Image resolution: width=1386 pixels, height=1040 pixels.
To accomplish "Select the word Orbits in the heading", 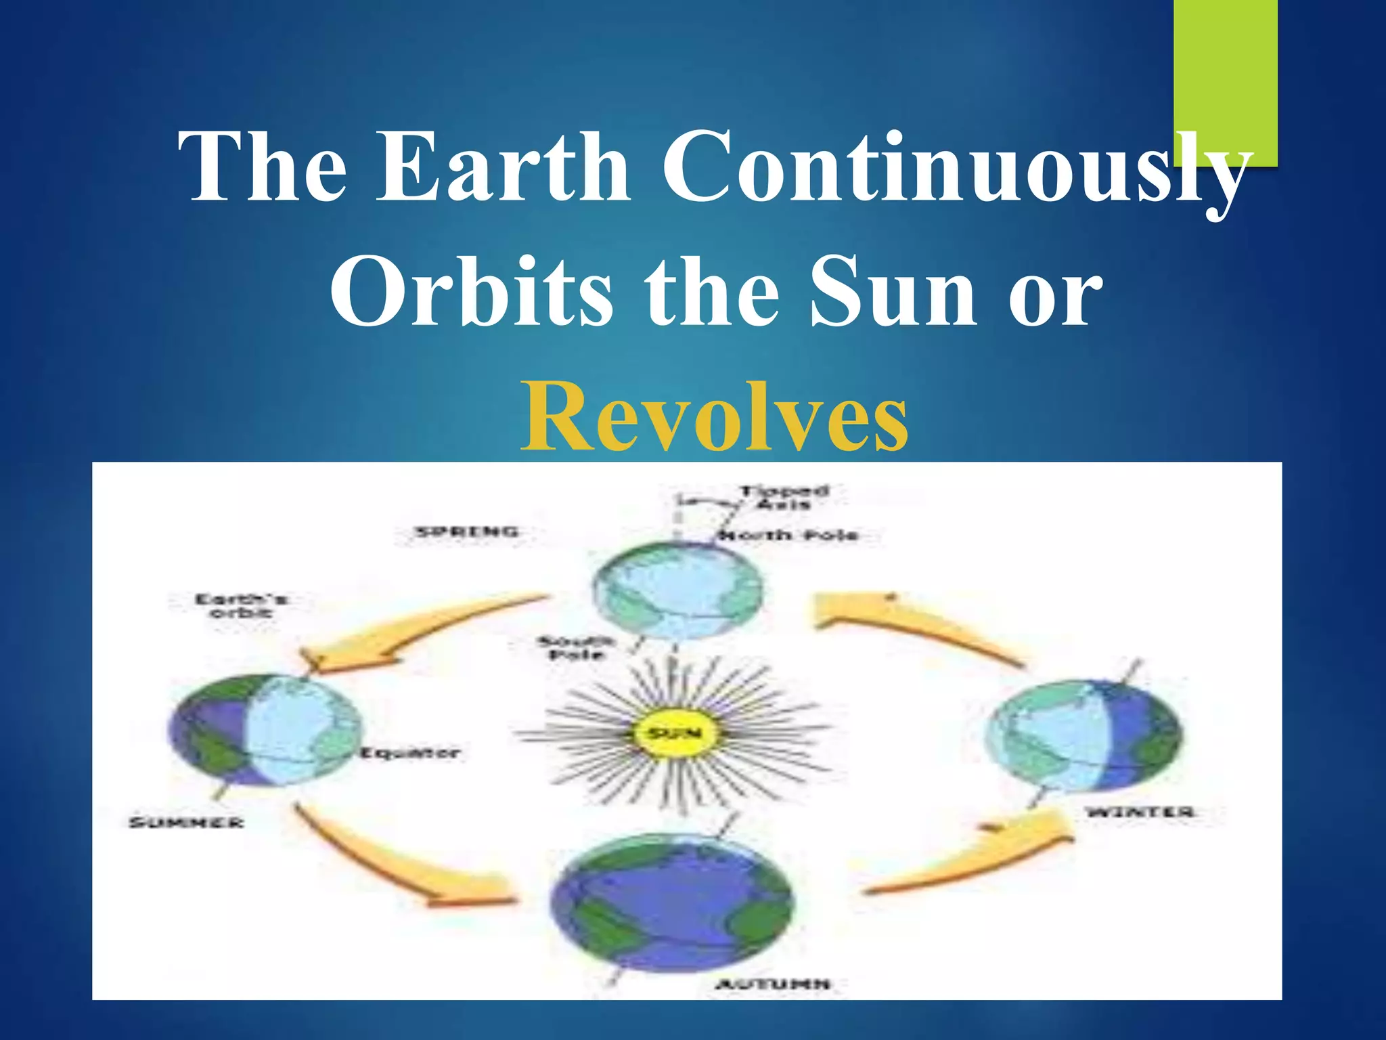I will coord(471,291).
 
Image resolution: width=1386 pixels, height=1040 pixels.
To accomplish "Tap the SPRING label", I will coord(467,532).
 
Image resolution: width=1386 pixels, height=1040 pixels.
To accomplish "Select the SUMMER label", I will coord(186,823).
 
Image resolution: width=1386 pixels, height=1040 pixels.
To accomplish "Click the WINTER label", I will coord(1140,812).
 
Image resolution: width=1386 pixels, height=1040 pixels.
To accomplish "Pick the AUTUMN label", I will coord(774,983).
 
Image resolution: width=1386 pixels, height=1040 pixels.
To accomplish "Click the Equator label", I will coord(410,753).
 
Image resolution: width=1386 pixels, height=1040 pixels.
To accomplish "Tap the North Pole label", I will coord(787,536).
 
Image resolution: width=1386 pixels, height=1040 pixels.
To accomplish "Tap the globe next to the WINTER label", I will coord(1083,737).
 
